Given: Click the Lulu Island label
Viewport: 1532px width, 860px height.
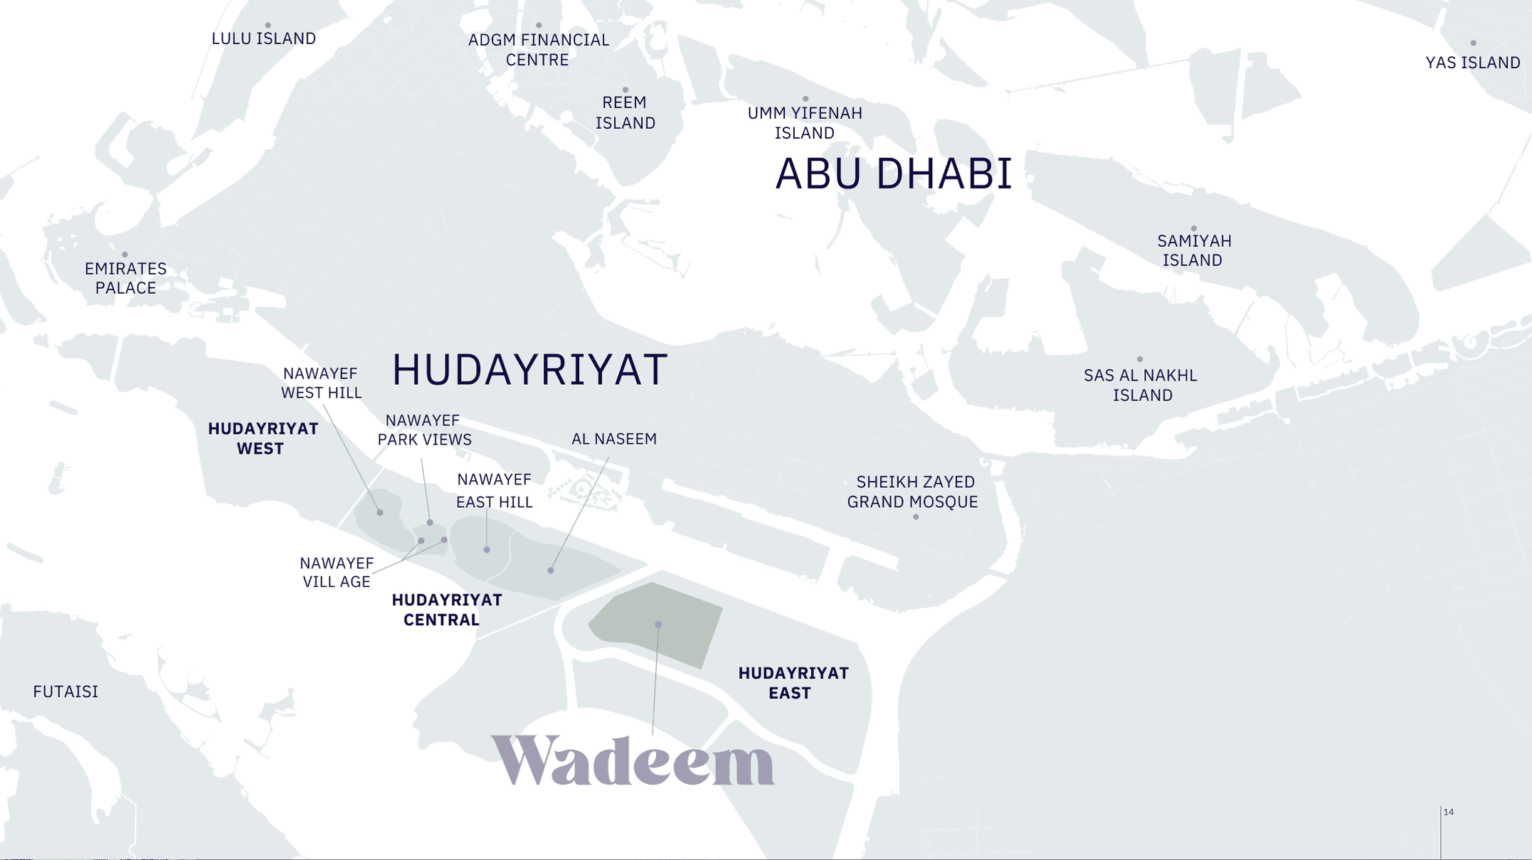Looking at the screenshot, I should coord(263,38).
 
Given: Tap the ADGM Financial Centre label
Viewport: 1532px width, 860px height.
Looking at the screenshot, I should coord(538,50).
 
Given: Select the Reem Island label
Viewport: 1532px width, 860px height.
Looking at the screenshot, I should coord(625,112).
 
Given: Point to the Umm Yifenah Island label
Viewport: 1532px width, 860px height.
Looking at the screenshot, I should coord(805,123).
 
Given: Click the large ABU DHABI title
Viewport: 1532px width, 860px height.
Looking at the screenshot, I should coord(893,174).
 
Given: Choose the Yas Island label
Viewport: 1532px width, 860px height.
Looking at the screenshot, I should coord(1472,63).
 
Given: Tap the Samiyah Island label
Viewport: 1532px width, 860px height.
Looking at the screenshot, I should coord(1193,250).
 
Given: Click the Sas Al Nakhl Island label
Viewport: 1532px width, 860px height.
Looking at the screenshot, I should coord(1141,385).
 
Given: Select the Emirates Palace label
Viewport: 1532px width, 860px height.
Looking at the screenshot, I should coord(125,278).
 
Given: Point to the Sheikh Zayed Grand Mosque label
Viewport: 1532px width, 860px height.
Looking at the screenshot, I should coord(912,492).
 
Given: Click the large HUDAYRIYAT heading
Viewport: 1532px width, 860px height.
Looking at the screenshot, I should coord(529,370).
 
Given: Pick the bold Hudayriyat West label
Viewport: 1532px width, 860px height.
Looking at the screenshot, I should coord(262,438).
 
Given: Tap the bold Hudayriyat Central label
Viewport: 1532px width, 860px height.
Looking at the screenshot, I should coord(445,610).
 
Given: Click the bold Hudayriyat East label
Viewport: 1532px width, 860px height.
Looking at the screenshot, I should coord(793,683).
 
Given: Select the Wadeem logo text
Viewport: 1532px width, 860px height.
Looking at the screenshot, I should coord(632,760).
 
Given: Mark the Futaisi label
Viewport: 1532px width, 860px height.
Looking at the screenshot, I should coord(65,691).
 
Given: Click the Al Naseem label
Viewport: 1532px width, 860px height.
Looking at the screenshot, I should coord(613,439).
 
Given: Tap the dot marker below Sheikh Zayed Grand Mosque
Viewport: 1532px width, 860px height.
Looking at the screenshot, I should coord(916,517).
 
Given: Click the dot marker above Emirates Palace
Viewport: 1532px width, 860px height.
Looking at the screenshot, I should coord(125,254).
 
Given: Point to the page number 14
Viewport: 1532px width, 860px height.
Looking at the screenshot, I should coord(1448,812).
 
